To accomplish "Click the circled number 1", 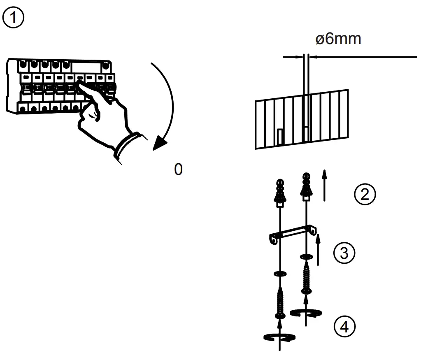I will (14, 19).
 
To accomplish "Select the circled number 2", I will (365, 195).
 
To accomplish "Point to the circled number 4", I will (344, 327).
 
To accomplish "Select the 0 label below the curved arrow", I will (178, 170).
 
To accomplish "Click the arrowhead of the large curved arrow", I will (160, 143).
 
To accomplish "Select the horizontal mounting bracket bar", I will (293, 234).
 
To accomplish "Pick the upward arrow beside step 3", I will (318, 250).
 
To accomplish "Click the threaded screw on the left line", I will (280, 302).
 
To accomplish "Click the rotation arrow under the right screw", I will (305, 313).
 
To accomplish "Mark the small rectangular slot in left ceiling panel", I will (280, 137).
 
